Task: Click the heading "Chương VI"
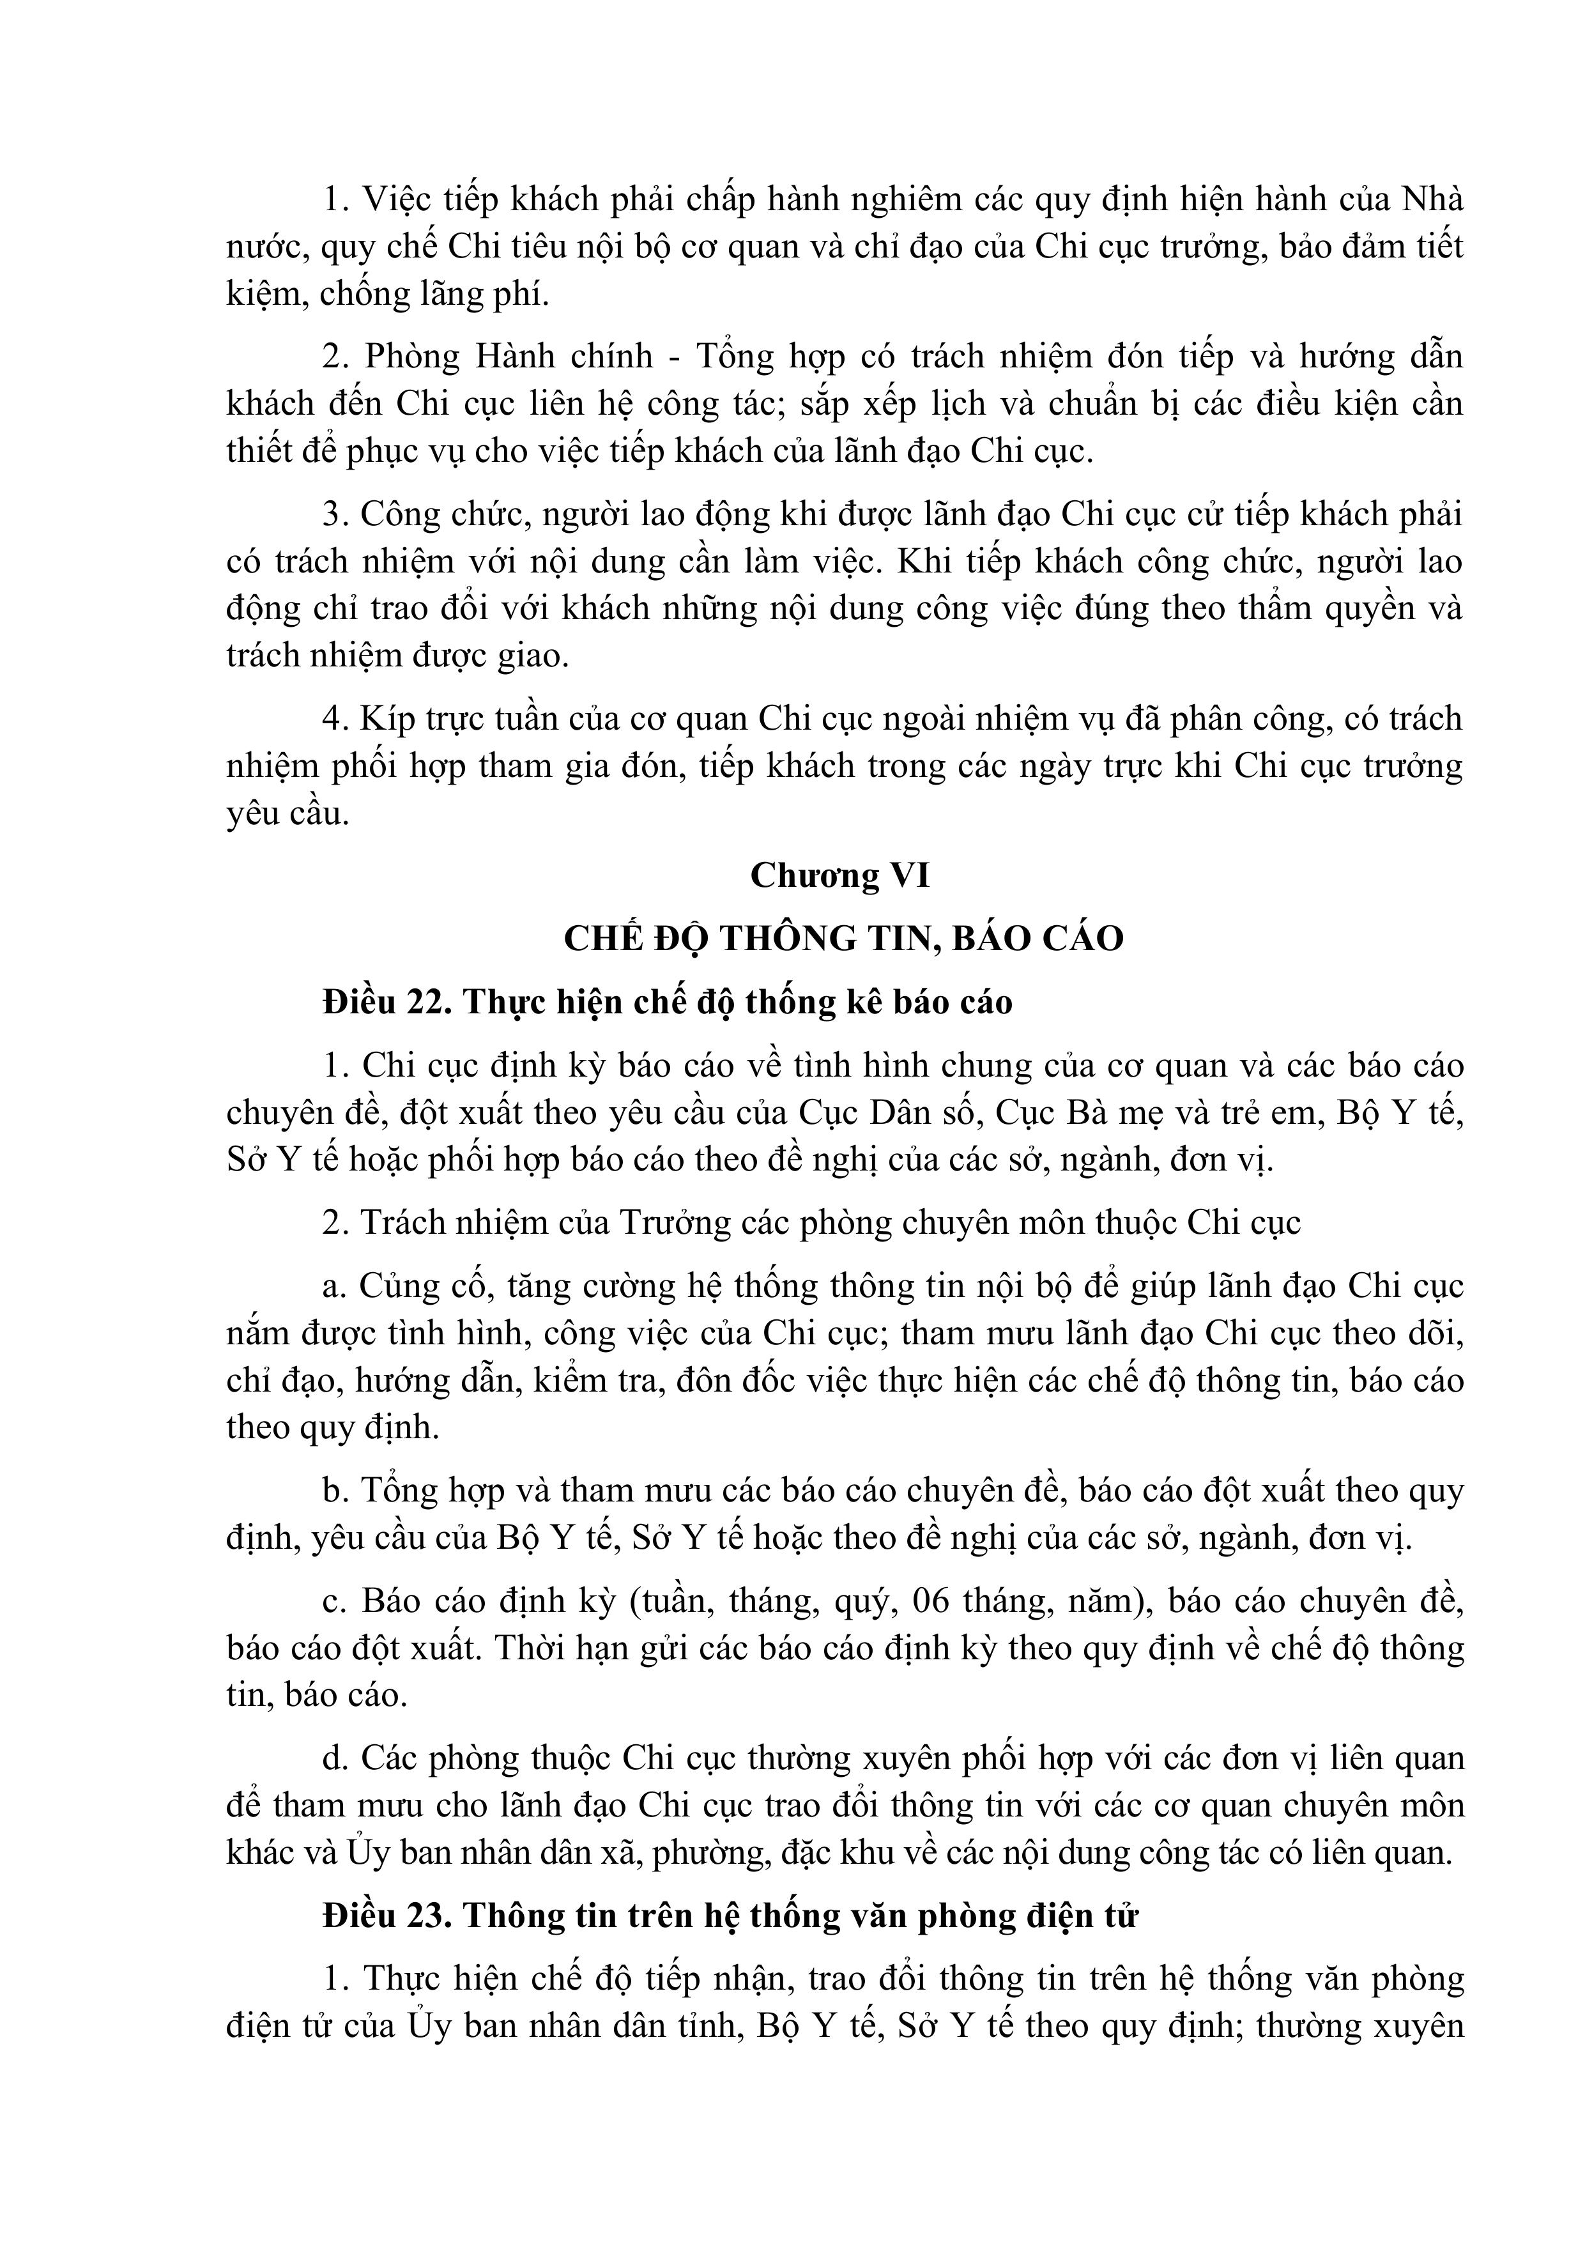click(840, 876)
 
